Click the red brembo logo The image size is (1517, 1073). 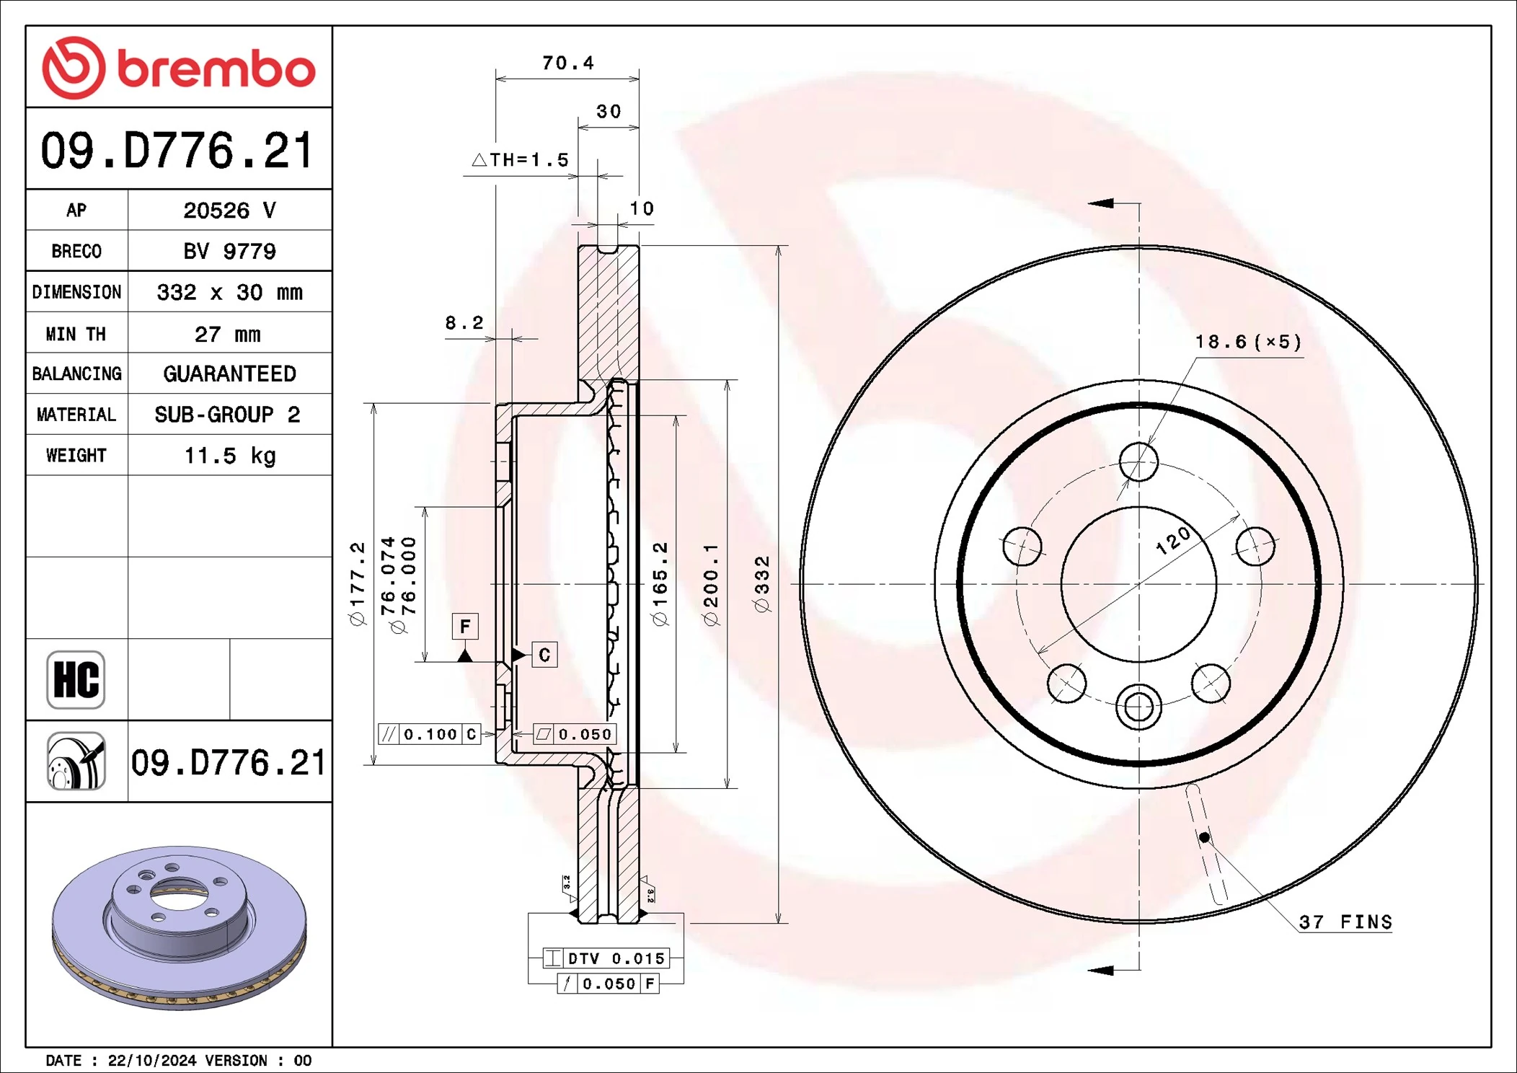coord(179,68)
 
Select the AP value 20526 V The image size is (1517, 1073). coord(229,211)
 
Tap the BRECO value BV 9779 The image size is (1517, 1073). coord(229,251)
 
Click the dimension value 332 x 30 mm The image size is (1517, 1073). coord(229,292)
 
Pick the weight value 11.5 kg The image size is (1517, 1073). coord(229,456)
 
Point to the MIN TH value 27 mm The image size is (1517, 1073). coord(227,334)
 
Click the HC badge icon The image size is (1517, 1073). coord(76,679)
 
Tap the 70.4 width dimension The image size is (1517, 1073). coord(568,63)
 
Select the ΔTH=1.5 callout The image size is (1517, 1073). coord(521,159)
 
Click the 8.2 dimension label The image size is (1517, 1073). coord(464,323)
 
